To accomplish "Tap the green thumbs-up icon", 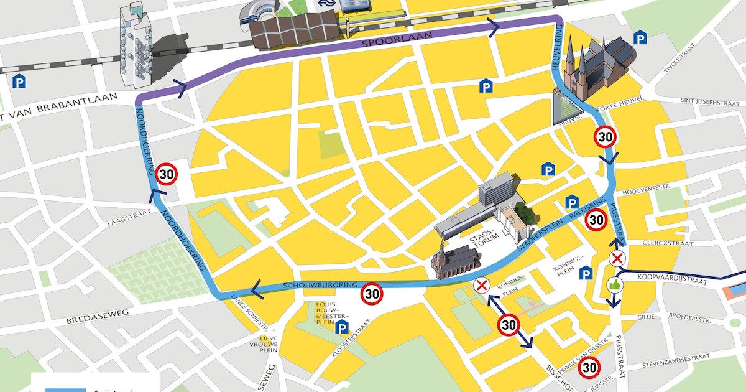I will tap(615, 284).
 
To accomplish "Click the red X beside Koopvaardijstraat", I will tap(617, 259).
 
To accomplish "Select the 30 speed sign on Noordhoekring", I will tap(167, 174).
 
